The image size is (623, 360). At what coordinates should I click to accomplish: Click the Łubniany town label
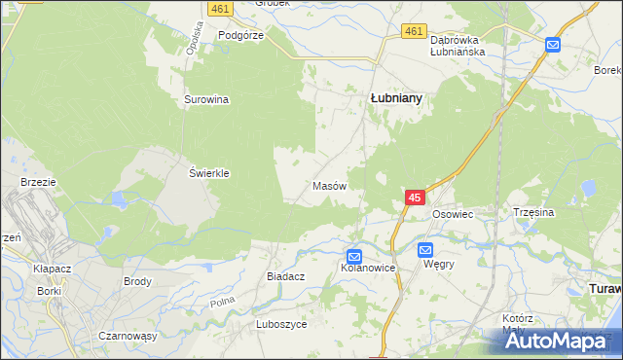pyautogui.click(x=397, y=98)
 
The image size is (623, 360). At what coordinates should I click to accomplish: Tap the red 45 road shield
pyautogui.click(x=415, y=198)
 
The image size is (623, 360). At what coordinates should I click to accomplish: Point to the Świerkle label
pyautogui.click(x=208, y=173)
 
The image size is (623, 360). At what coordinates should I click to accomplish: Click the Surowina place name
pyautogui.click(x=206, y=99)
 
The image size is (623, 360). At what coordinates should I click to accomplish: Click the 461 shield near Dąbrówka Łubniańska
pyautogui.click(x=415, y=31)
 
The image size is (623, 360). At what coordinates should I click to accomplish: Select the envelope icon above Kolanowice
pyautogui.click(x=355, y=256)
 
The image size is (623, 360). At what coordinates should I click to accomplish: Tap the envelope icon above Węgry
pyautogui.click(x=426, y=250)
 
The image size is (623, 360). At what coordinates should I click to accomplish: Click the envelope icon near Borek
pyautogui.click(x=553, y=44)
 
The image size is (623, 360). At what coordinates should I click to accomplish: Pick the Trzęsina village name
pyautogui.click(x=532, y=211)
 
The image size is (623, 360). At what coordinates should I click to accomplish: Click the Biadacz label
pyautogui.click(x=286, y=276)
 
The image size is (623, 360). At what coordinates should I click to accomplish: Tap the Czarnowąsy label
pyautogui.click(x=128, y=335)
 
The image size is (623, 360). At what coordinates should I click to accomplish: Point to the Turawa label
pyautogui.click(x=605, y=289)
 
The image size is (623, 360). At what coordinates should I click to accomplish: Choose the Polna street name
pyautogui.click(x=222, y=303)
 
